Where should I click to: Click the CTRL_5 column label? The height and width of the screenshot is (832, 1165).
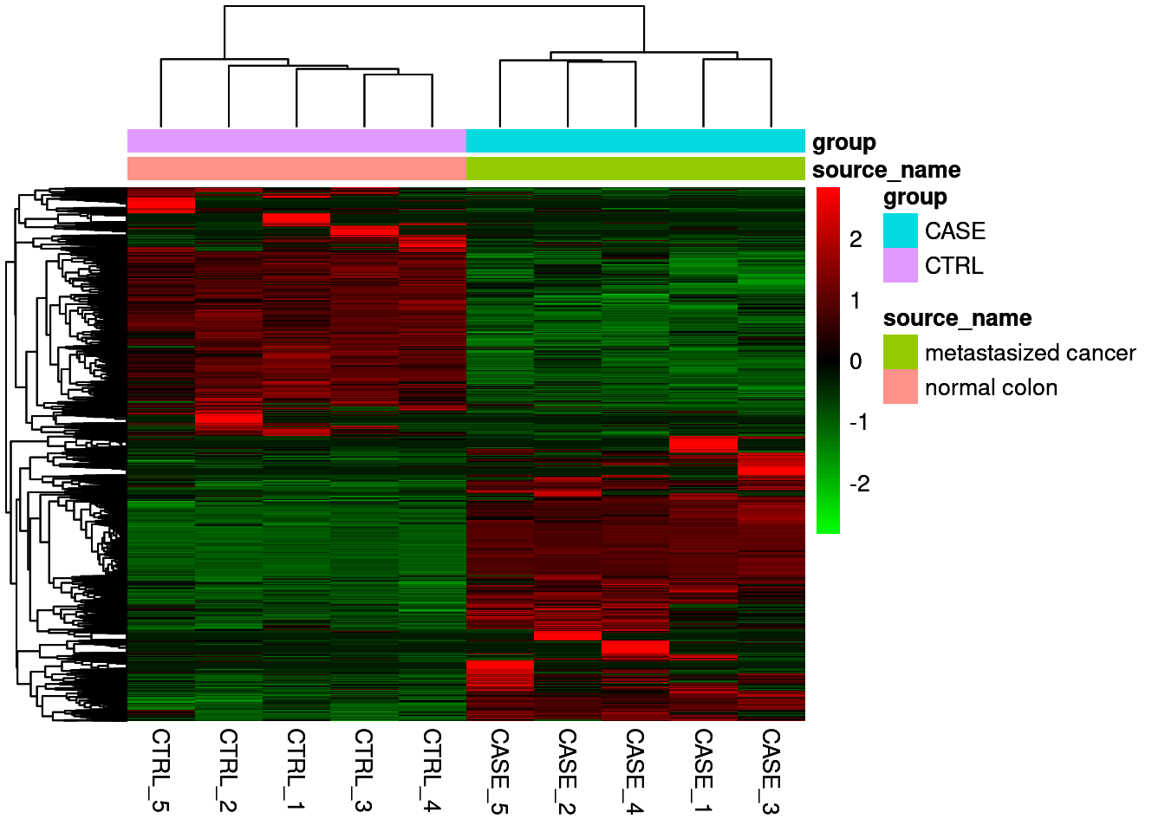tap(160, 770)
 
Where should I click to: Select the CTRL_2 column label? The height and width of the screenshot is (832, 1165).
tap(228, 770)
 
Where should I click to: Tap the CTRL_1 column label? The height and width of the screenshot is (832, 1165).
tap(296, 770)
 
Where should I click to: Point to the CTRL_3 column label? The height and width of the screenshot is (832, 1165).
tap(364, 770)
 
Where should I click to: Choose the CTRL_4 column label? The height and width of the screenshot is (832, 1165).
tap(432, 770)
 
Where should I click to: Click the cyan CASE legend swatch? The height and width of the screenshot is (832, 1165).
tap(901, 231)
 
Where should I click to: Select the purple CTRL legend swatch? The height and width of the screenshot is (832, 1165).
tap(901, 266)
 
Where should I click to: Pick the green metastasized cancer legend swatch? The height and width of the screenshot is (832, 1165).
tap(901, 353)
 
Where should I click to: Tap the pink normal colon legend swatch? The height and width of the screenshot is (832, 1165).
tap(901, 387)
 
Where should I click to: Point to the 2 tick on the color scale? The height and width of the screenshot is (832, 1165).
tap(856, 239)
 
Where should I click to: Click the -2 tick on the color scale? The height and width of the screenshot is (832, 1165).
tap(859, 484)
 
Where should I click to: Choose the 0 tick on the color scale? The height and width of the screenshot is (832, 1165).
tap(856, 361)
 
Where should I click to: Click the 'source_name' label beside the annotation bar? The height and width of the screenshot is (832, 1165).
tap(886, 170)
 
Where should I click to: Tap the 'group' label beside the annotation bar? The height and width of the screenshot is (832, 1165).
tap(843, 142)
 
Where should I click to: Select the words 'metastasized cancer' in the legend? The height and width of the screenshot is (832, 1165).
tap(1030, 353)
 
